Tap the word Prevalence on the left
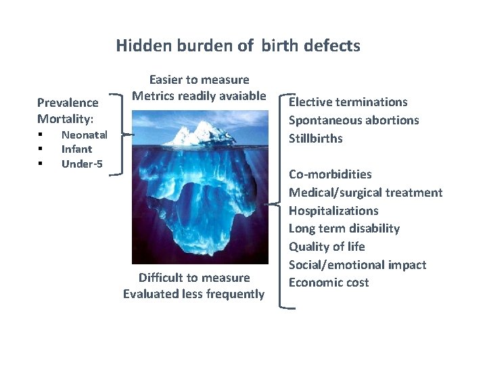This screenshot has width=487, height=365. point(68,103)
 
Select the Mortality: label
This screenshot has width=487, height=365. point(66,119)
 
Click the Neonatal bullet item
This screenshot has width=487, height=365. point(84,135)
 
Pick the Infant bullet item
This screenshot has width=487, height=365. point(76,149)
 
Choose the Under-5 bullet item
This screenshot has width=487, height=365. point(82,164)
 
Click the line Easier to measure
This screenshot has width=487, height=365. point(199,80)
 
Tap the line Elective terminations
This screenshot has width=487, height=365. point(348,102)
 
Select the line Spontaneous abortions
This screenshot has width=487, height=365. point(354,120)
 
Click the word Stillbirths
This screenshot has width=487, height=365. point(316,139)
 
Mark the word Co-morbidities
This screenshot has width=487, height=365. point(330,174)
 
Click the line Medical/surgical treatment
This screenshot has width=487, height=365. point(365,193)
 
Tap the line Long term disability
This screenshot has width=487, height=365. point(344,228)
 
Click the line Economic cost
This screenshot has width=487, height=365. point(329,283)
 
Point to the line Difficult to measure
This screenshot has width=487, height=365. point(194,278)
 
